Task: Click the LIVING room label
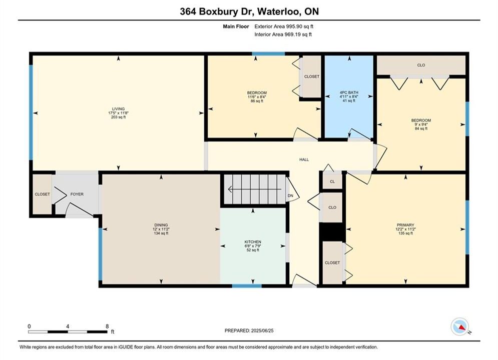118,109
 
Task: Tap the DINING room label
161,225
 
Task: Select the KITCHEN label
253,241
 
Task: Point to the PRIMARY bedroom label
405,225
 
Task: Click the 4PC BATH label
349,92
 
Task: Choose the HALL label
304,159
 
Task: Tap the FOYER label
77,194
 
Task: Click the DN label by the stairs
290,195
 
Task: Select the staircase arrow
255,189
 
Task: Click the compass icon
459,326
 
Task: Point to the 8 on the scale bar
107,326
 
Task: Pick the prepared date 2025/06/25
262,330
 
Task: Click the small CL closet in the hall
332,181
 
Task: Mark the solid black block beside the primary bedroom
332,232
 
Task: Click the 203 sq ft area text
118,117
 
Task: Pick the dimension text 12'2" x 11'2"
405,229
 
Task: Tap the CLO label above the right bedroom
421,65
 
